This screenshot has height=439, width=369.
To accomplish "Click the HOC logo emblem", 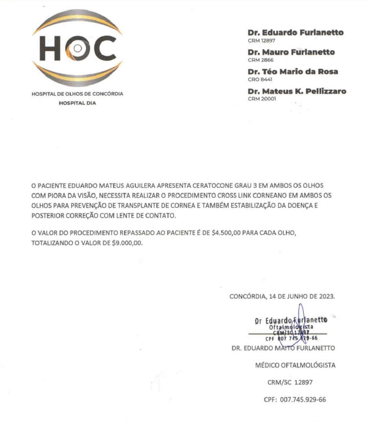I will (x=78, y=48).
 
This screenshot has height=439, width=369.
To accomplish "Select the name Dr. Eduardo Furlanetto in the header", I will (x=296, y=33).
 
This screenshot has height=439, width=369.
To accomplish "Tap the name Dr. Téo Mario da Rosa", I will (x=293, y=72).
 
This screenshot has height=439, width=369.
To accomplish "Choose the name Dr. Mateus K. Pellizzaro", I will (x=297, y=91).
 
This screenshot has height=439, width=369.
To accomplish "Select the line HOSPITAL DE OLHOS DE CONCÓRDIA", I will (x=77, y=94).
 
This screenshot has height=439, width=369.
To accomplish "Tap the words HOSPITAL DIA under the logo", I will (x=78, y=103).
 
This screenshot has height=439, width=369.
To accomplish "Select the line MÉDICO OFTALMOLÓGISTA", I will (x=295, y=365).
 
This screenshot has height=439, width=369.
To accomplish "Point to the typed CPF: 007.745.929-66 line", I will (x=295, y=400).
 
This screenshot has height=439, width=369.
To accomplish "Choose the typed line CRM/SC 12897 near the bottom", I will (x=290, y=382).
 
